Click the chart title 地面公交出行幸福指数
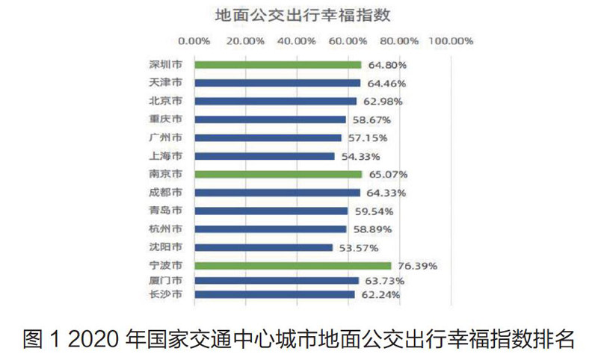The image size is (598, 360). [299, 15]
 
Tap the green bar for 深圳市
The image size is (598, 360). [277, 65]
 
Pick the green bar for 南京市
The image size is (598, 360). [278, 174]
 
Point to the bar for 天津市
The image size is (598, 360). [277, 83]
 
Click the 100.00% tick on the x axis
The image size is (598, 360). [451, 41]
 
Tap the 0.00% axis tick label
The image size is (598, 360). [196, 41]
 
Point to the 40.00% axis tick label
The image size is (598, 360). [298, 41]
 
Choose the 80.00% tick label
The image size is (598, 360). [399, 41]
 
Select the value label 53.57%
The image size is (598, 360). [356, 247]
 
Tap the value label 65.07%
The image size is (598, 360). [384, 174]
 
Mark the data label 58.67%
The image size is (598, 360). [369, 120]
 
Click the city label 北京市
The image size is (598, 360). [166, 101]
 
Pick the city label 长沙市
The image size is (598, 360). [166, 294]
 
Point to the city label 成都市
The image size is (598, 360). [166, 193]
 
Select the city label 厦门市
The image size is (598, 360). [166, 281]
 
